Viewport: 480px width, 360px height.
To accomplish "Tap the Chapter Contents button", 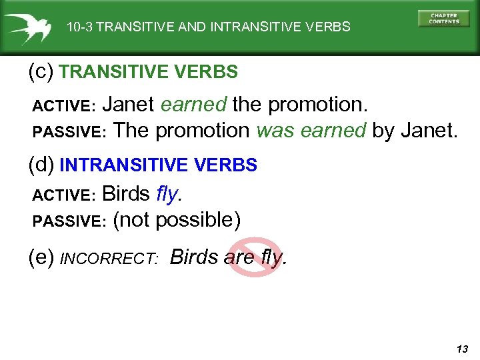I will (x=444, y=19).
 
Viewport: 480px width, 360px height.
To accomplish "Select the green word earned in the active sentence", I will (x=194, y=105).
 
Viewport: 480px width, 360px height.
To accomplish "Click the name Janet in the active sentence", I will (x=130, y=105).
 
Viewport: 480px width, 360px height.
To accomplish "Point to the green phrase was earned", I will (x=311, y=130).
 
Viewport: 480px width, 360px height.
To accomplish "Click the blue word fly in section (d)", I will (x=168, y=194).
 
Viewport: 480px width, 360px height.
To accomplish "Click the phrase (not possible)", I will (x=177, y=219).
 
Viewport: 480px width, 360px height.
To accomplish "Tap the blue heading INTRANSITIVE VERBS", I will (x=158, y=165).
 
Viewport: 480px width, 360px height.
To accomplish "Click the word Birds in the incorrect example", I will (x=195, y=257).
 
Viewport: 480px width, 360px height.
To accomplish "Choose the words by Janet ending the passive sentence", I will (x=415, y=130).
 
